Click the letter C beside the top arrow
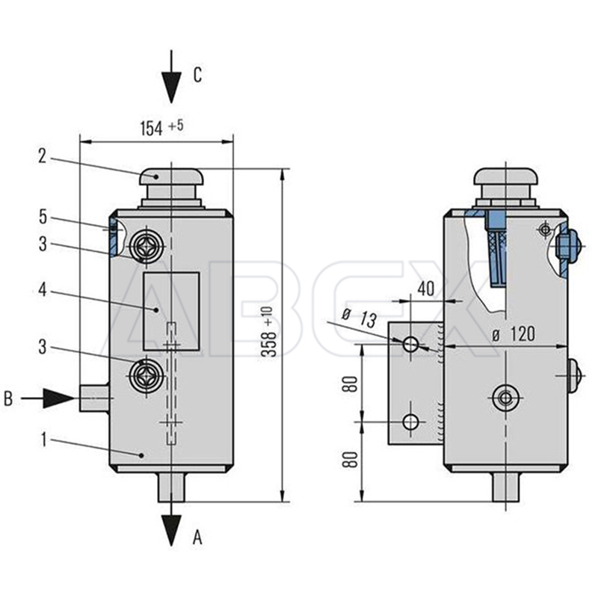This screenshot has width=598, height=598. click(197, 74)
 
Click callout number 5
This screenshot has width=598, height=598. click(43, 217)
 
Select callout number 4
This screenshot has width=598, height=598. click(43, 289)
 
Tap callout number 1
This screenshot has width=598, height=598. click(43, 440)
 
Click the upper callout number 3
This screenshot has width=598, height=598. click(43, 244)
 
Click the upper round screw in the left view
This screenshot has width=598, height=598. click(144, 244)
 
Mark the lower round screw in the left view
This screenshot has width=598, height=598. click(144, 376)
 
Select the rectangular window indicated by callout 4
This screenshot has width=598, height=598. click(171, 311)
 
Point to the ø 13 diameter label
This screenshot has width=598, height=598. click(359, 318)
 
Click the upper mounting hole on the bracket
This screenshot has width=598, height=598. click(410, 345)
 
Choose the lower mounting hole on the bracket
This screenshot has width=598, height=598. click(410, 422)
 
